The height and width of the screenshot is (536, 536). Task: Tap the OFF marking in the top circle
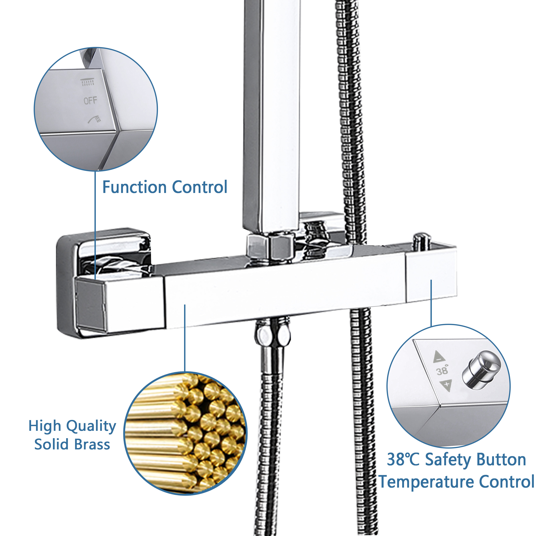(90, 100)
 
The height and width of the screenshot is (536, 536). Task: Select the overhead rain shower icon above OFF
(87, 82)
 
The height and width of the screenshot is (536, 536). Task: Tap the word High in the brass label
(45, 426)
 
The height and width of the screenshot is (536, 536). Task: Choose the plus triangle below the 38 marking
(446, 385)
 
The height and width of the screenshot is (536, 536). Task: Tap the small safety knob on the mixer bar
(422, 240)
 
